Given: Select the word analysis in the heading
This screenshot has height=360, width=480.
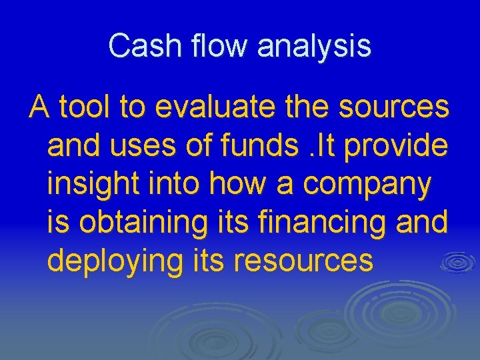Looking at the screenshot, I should pos(314,47).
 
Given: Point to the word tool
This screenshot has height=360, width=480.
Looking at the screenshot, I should pos(84,108).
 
